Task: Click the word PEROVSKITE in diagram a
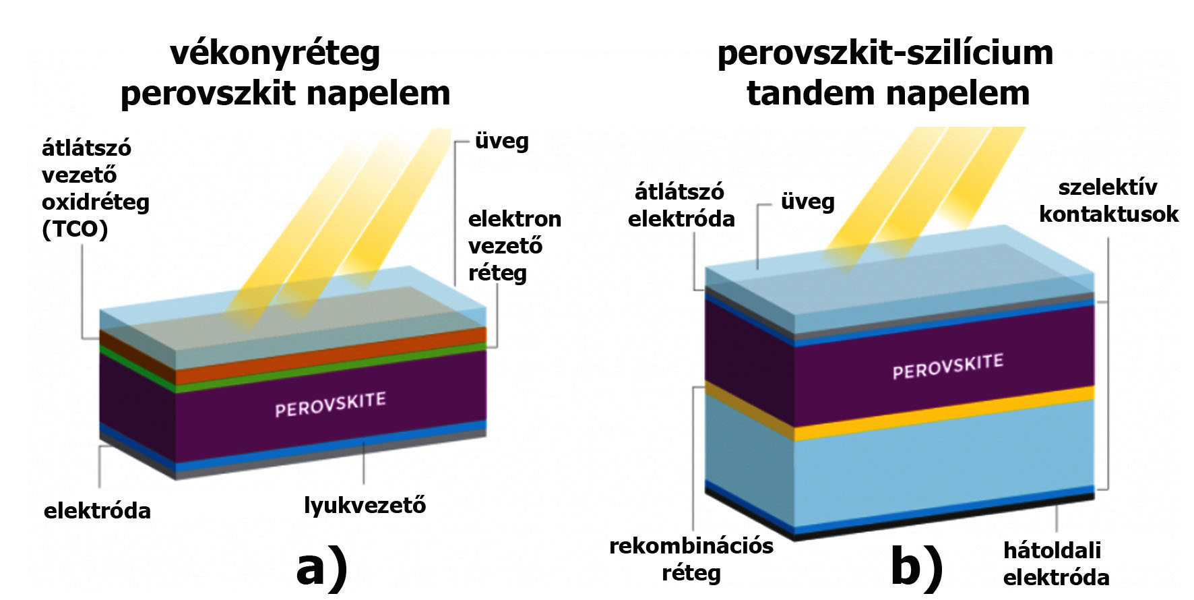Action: point(330,404)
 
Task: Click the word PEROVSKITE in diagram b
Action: point(947,367)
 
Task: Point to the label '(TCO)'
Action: point(75,229)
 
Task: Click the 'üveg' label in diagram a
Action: point(501,142)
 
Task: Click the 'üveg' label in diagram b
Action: point(807,202)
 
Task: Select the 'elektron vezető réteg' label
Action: point(514,245)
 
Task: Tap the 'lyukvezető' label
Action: point(365,505)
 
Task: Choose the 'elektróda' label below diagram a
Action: point(97,510)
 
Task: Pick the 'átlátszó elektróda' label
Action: point(681,205)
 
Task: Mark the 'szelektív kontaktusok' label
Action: point(1108,200)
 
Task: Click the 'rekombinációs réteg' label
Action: point(691,559)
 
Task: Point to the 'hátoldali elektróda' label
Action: point(1055,564)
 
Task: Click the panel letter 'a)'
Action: point(322,568)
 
